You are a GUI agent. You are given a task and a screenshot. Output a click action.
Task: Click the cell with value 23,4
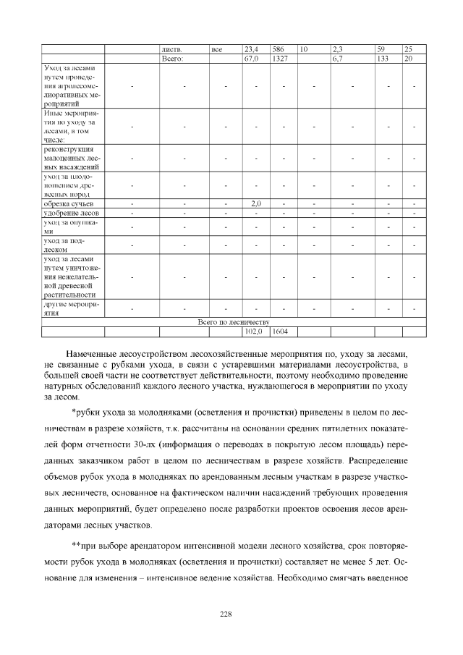click(x=251, y=49)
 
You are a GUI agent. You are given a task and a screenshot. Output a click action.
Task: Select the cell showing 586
click(x=278, y=49)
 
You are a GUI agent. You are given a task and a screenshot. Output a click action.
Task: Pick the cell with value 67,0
click(x=251, y=58)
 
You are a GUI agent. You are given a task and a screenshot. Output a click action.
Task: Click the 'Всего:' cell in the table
click(x=173, y=58)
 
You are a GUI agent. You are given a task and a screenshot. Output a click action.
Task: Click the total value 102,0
click(x=252, y=331)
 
